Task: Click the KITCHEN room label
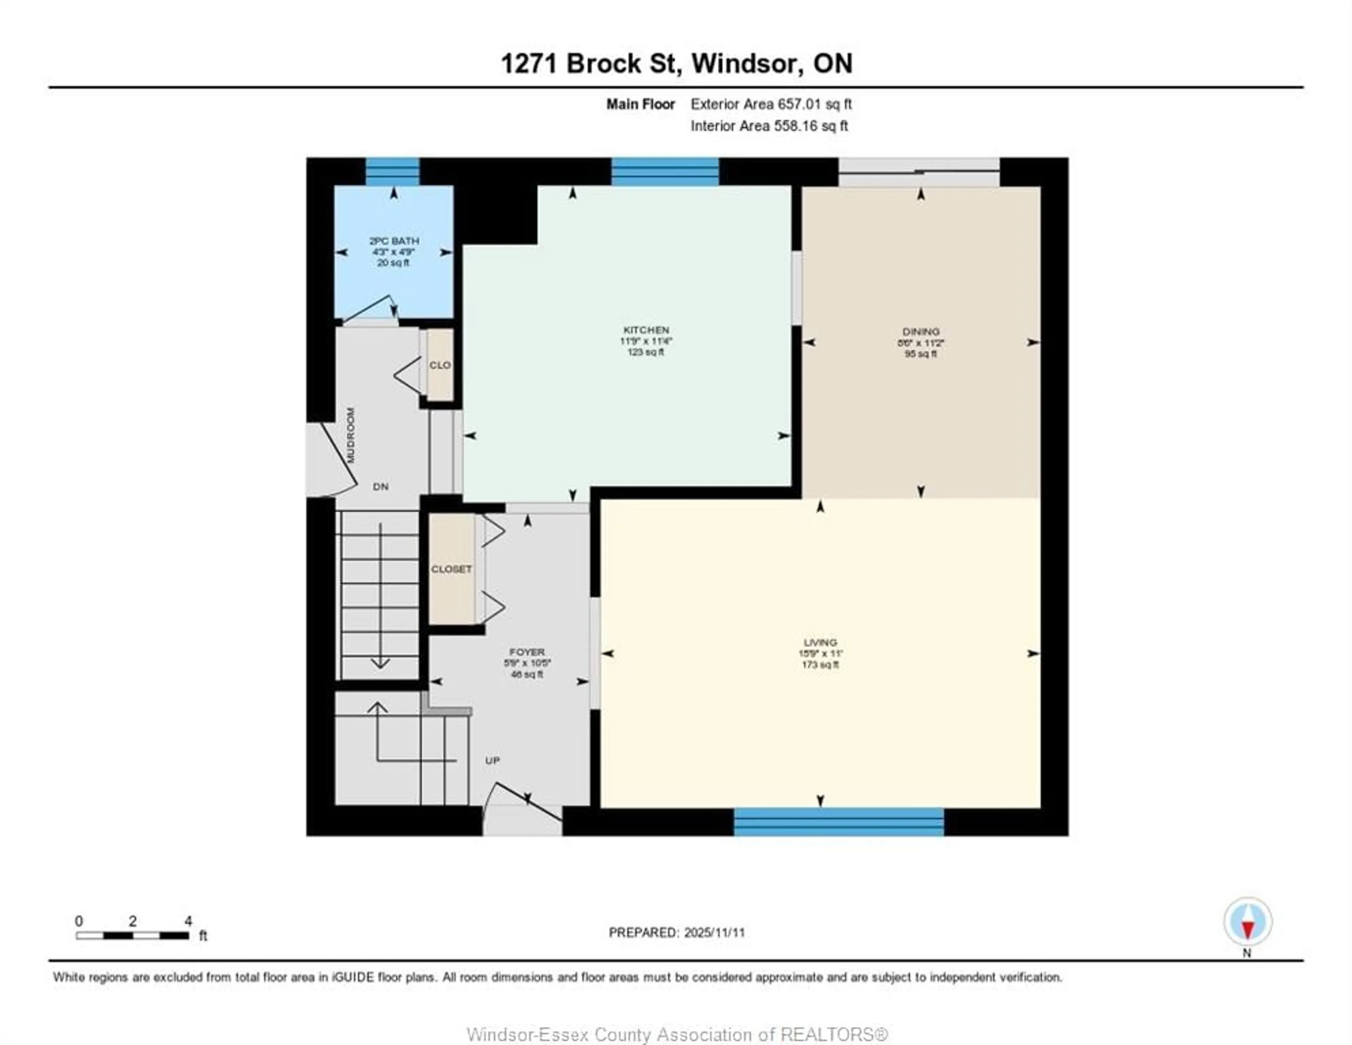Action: point(646,330)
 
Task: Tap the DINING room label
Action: point(921,331)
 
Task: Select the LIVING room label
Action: point(820,642)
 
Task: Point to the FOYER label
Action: point(527,652)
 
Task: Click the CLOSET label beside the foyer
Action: point(451,569)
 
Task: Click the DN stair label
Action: point(381,486)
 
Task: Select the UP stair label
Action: point(492,760)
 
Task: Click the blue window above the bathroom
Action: point(393,172)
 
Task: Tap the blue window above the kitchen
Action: point(665,172)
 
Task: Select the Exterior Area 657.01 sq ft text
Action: point(771,104)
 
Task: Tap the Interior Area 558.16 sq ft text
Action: point(769,126)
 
